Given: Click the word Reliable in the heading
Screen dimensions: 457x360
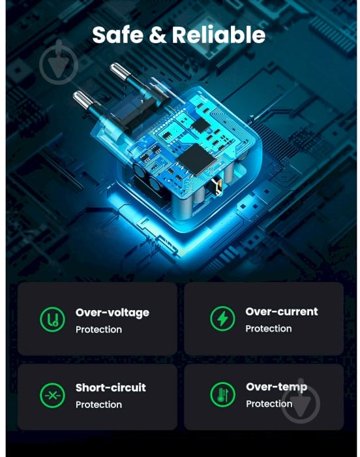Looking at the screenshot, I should [218, 35].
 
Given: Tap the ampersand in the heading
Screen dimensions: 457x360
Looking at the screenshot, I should [159, 35].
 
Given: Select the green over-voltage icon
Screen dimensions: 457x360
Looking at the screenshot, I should [52, 319].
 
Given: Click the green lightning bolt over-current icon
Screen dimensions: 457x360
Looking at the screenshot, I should [222, 319].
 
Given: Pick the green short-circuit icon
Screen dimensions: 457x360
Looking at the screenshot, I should [52, 395].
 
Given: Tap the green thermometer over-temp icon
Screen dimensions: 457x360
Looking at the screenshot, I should [222, 394].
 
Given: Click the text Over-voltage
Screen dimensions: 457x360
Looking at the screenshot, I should [112, 313].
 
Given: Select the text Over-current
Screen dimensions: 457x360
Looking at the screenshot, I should [282, 311].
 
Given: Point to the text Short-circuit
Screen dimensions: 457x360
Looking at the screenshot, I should [111, 388].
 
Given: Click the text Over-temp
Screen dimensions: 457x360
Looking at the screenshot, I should [277, 387].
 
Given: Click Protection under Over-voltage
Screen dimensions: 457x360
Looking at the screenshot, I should [98, 330].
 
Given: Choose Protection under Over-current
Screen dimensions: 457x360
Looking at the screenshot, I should [268, 329].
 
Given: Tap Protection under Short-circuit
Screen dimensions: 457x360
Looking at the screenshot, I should [98, 405].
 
